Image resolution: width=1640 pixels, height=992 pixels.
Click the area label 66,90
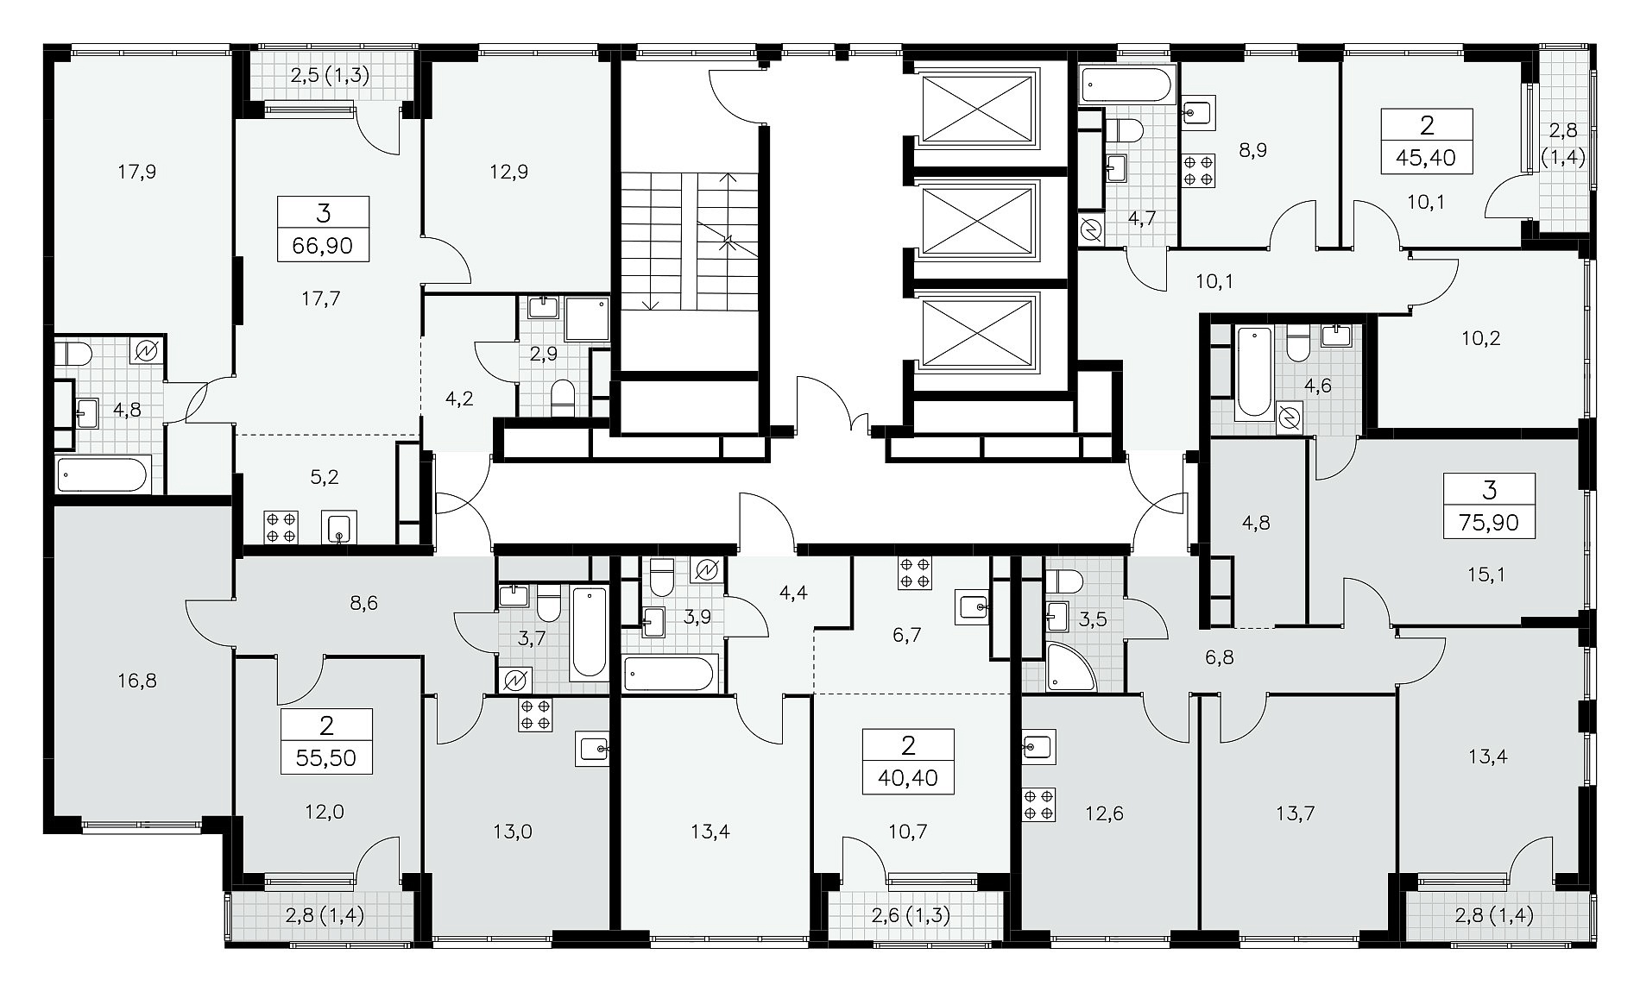coord(323,246)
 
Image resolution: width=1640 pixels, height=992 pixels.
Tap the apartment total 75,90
coord(1489,523)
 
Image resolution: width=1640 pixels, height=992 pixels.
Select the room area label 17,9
coord(137,172)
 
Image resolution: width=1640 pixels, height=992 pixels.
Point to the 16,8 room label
coord(138,681)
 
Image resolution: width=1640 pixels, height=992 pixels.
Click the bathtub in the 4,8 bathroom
coord(102,474)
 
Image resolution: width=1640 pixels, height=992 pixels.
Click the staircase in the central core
coord(690,243)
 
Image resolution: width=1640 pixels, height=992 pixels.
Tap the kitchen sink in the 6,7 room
coord(977,607)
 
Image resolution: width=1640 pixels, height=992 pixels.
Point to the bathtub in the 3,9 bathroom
coord(670,673)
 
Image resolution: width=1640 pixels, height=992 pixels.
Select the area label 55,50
coord(326,759)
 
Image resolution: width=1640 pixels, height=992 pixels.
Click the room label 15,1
coord(1486,574)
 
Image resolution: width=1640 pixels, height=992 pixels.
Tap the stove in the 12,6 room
coord(1038,803)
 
